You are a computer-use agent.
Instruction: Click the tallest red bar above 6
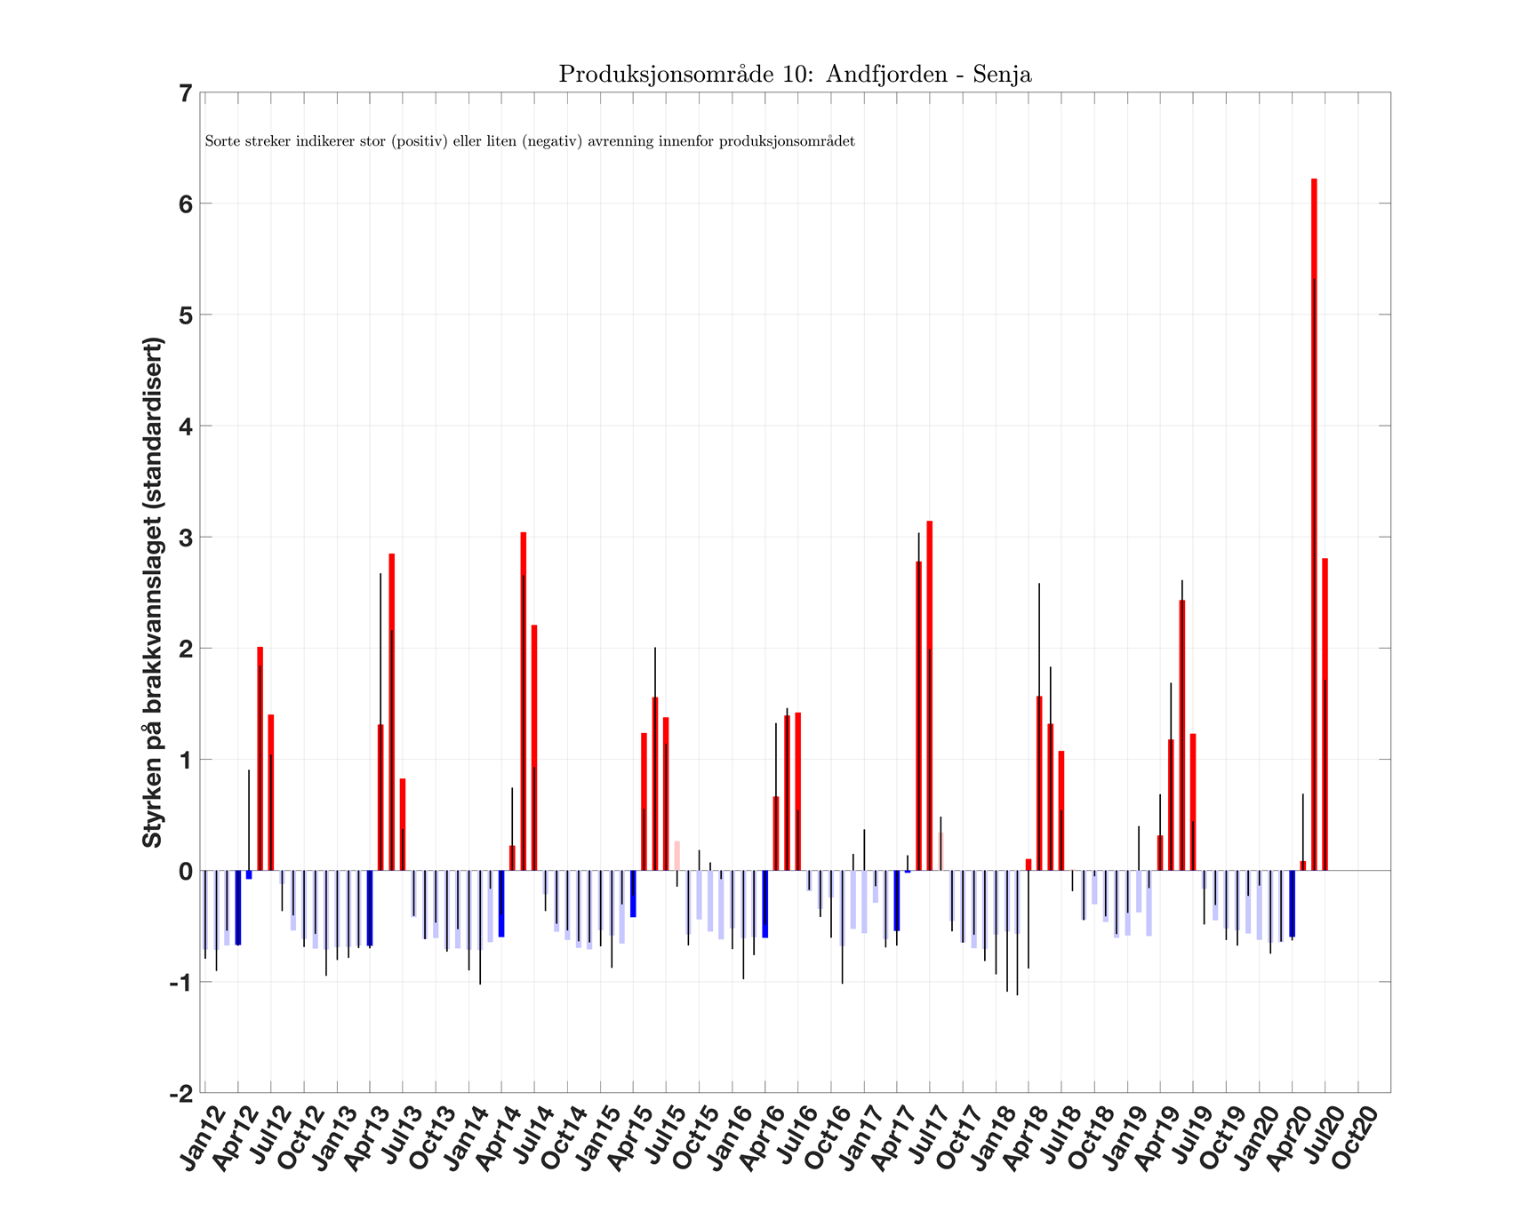click(x=1314, y=524)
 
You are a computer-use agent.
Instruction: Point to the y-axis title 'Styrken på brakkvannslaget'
click(x=153, y=592)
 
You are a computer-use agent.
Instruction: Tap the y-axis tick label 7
click(x=185, y=93)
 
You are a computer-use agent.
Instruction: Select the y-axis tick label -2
click(x=180, y=1094)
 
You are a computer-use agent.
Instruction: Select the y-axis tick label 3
click(x=185, y=538)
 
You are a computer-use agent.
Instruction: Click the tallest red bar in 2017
click(x=930, y=695)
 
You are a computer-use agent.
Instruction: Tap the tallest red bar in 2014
click(x=524, y=701)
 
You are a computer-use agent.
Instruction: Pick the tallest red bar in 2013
click(x=392, y=712)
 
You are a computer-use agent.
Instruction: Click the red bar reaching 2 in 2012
click(x=260, y=759)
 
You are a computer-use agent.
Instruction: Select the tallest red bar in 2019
click(x=1182, y=735)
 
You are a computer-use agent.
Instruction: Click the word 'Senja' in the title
click(x=1002, y=75)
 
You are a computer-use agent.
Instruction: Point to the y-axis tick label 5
click(x=185, y=315)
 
